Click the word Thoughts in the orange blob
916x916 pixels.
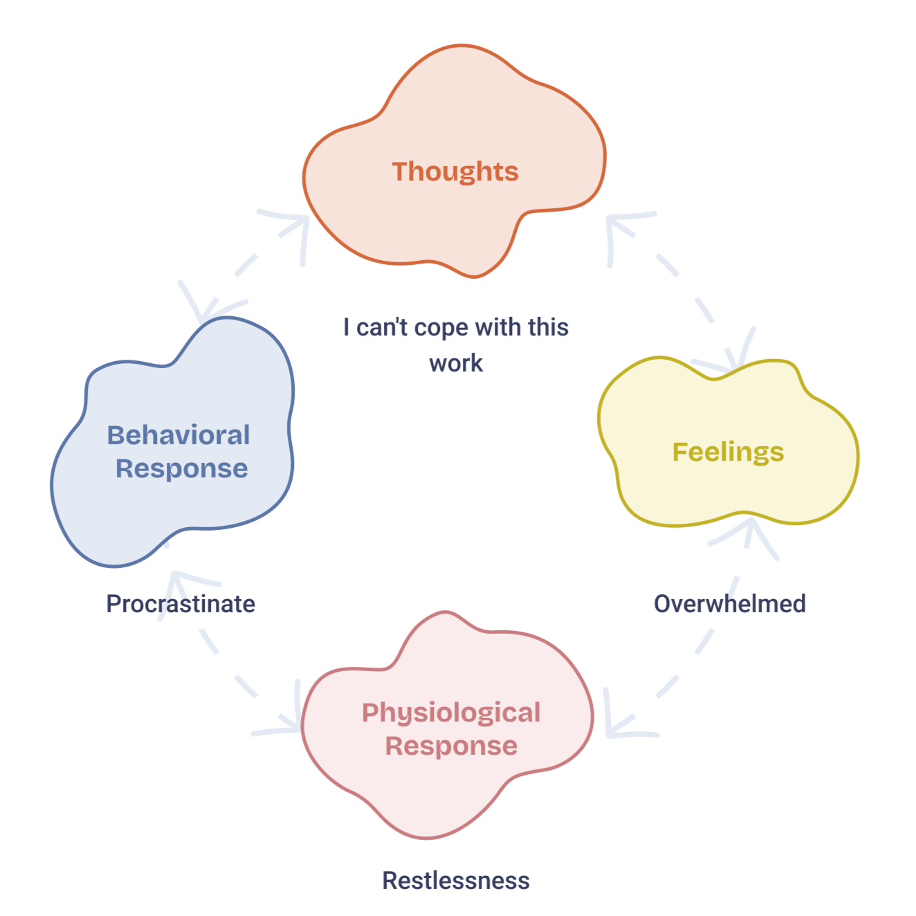(455, 172)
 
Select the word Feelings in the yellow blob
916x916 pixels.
(728, 452)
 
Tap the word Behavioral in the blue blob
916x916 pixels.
(178, 435)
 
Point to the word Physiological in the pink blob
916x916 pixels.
(451, 713)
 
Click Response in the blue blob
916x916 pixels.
(181, 468)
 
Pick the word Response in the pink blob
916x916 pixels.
(451, 746)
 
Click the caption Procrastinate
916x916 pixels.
(181, 604)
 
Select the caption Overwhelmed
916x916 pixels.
(730, 604)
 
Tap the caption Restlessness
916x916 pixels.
(456, 881)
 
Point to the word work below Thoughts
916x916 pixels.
(456, 363)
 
